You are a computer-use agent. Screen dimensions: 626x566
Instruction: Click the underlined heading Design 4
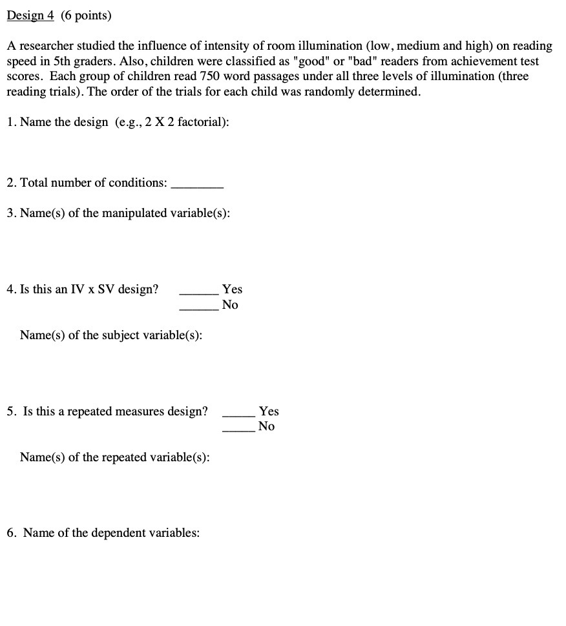30,16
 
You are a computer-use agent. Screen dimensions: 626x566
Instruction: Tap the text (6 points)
86,16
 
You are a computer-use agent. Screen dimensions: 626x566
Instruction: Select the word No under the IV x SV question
230,305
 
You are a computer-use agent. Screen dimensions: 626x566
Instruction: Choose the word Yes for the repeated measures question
268,411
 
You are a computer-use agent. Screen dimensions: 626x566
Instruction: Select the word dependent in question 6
119,533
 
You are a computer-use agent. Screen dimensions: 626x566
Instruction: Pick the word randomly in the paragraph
344,92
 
